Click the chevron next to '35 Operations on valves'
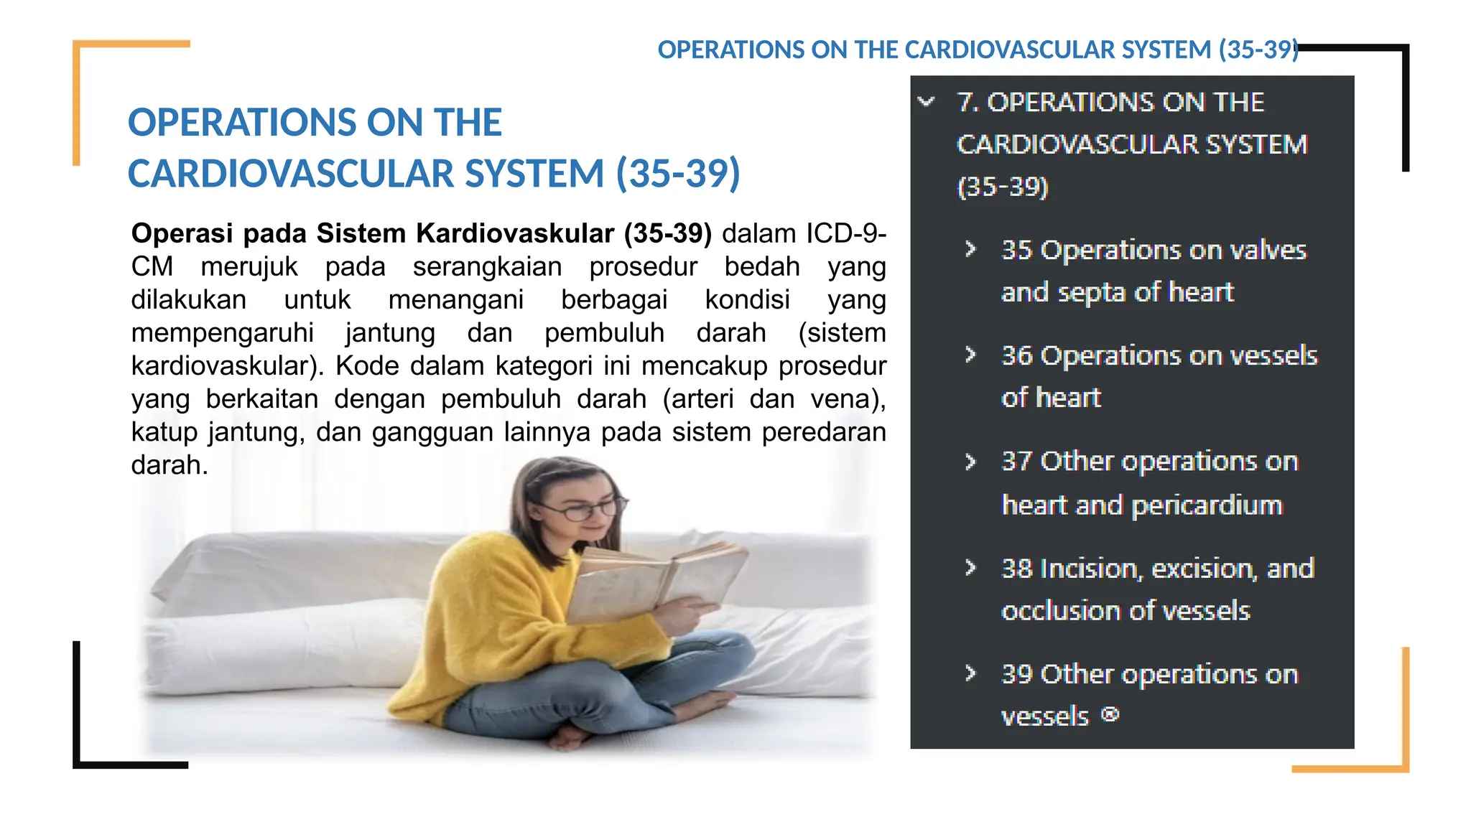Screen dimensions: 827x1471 pyautogui.click(x=970, y=249)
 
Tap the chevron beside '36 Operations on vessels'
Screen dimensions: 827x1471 pyautogui.click(x=970, y=355)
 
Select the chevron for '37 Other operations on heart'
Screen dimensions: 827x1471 pyautogui.click(x=970, y=461)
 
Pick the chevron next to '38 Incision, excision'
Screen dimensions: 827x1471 pyautogui.click(x=970, y=568)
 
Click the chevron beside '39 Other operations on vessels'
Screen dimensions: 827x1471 pyautogui.click(x=970, y=673)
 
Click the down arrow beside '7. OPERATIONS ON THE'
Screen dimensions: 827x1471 pyautogui.click(x=927, y=102)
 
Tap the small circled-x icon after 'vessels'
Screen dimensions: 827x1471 pyautogui.click(x=1110, y=714)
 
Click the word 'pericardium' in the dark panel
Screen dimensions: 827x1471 pyautogui.click(x=1207, y=505)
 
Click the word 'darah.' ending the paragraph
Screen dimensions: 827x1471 pyautogui.click(x=170, y=465)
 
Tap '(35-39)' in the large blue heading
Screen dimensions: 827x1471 pyautogui.click(x=677, y=173)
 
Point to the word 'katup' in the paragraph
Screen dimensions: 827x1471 pyautogui.click(x=164, y=432)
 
